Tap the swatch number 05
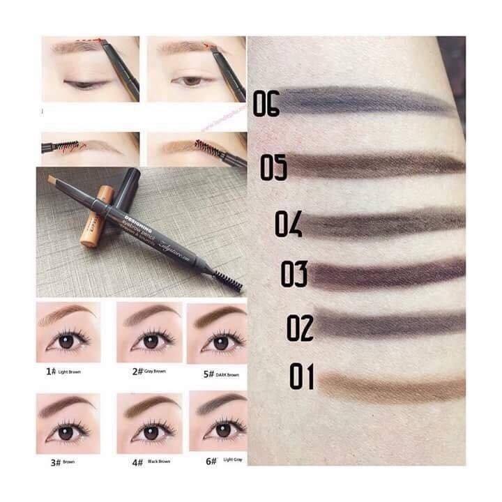(x=274, y=168)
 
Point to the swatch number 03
(x=294, y=274)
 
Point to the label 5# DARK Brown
(x=221, y=374)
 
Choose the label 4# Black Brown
(x=149, y=461)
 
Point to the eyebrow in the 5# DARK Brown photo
(x=218, y=316)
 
